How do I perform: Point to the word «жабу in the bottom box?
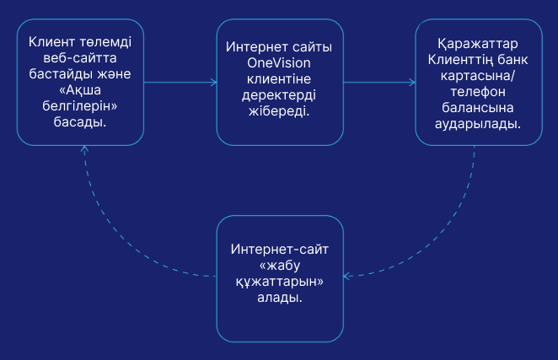(280, 266)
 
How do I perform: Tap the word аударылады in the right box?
(478, 122)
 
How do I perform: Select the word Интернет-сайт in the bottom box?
(280, 250)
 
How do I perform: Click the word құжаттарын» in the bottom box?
(280, 282)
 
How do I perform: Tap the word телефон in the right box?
(478, 90)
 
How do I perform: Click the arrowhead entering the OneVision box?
(213, 82)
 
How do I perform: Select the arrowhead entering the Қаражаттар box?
(412, 82)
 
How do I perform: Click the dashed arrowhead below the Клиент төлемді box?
(82, 149)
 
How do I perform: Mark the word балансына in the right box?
(478, 106)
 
